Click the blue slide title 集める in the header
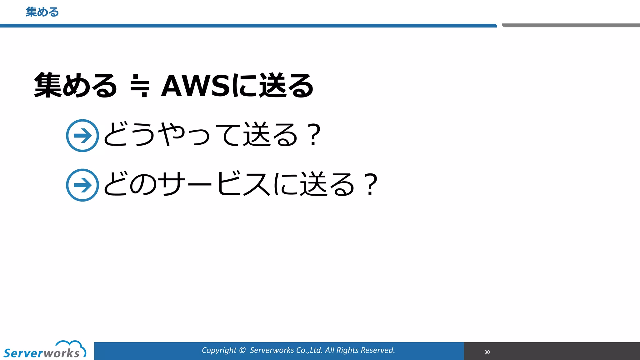pos(42,12)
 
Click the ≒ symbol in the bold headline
pos(140,86)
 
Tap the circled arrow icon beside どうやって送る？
pos(82,136)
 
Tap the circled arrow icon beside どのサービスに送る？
pos(82,185)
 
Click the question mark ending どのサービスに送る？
pos(371,184)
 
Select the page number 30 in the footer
pos(487,352)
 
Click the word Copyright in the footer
pos(219,350)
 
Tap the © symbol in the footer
pos(242,350)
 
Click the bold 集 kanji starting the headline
pos(47,85)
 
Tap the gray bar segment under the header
pos(571,25)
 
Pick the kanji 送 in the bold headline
pos(273,85)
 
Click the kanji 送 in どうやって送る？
pos(257,134)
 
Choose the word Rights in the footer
pos(347,350)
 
